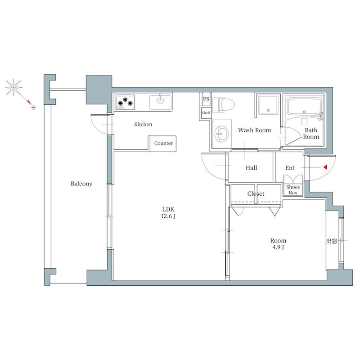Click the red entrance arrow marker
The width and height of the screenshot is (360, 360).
tap(325, 167)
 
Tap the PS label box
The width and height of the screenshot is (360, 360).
tap(206, 99)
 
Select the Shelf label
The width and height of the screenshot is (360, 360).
tap(206, 113)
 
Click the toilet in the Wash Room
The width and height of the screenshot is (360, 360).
tap(223, 105)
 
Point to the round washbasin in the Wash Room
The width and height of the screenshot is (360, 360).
tap(221, 133)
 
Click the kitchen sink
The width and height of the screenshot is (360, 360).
tap(161, 102)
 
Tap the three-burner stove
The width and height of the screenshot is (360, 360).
tap(125, 103)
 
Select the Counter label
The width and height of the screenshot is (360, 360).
tap(163, 143)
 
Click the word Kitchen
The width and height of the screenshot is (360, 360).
tap(143, 124)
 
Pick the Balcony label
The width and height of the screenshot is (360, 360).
tap(81, 184)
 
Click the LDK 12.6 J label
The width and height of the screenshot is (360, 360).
tap(168, 212)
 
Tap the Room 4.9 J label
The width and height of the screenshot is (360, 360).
tap(278, 244)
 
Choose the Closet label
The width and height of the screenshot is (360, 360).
tap(256, 194)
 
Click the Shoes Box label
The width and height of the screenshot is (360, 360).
tap(293, 190)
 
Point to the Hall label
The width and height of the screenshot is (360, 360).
tap(251, 168)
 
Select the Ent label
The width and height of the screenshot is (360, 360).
tap(290, 168)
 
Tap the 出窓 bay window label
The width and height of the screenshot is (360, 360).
tap(332, 241)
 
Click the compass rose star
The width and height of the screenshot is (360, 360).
tap(14, 88)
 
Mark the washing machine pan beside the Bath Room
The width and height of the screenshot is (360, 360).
tap(268, 105)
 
